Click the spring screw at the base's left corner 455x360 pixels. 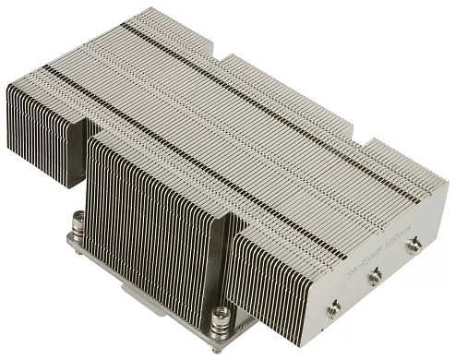[x=78, y=224]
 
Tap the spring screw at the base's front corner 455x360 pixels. [x=219, y=322]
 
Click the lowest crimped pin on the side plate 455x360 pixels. [x=334, y=306]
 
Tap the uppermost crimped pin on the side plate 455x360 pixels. [x=414, y=245]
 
